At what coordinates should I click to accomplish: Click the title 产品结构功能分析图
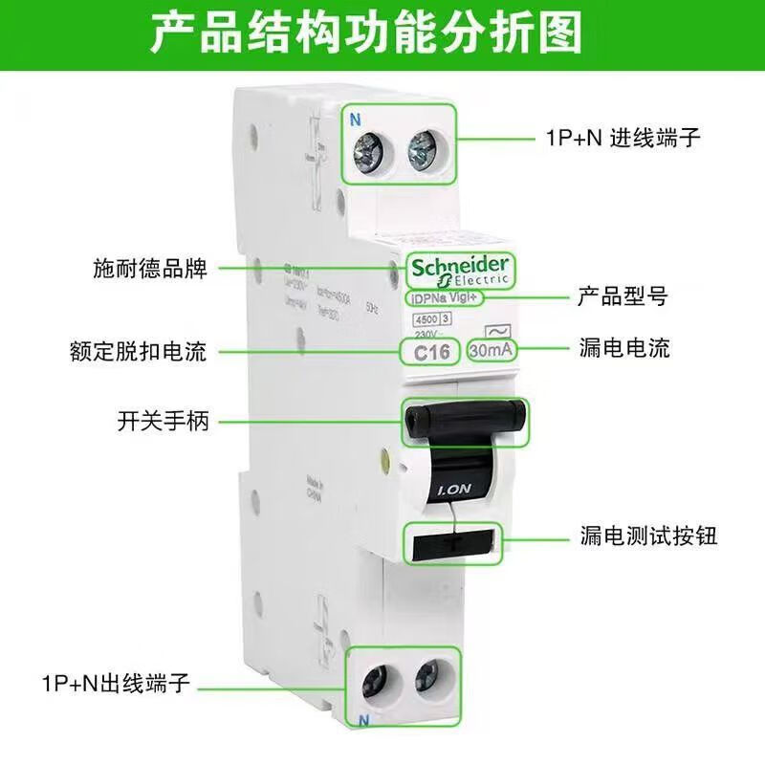point(382,34)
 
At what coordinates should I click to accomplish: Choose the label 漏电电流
point(624,348)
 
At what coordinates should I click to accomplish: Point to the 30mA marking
point(492,351)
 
